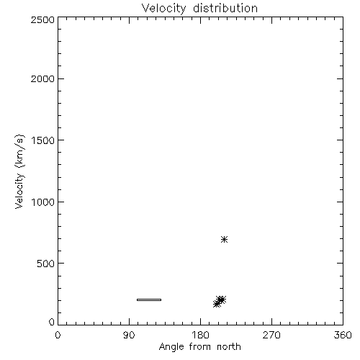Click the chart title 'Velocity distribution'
199,8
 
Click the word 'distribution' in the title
225,8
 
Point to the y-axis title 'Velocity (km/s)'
19,171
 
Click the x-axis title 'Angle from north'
199,346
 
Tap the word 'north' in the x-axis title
229,346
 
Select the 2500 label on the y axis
42,19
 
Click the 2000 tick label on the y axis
42,78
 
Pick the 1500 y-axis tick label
43,140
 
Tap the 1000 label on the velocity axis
43,202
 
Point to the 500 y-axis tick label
46,264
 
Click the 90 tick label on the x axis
129,335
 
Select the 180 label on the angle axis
200,335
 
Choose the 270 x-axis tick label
271,335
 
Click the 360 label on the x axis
343,335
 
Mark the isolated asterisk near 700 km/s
224,239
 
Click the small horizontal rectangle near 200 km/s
149,300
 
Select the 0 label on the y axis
52,322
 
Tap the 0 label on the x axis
58,335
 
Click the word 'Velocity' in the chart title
164,8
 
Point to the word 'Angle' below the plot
171,347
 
